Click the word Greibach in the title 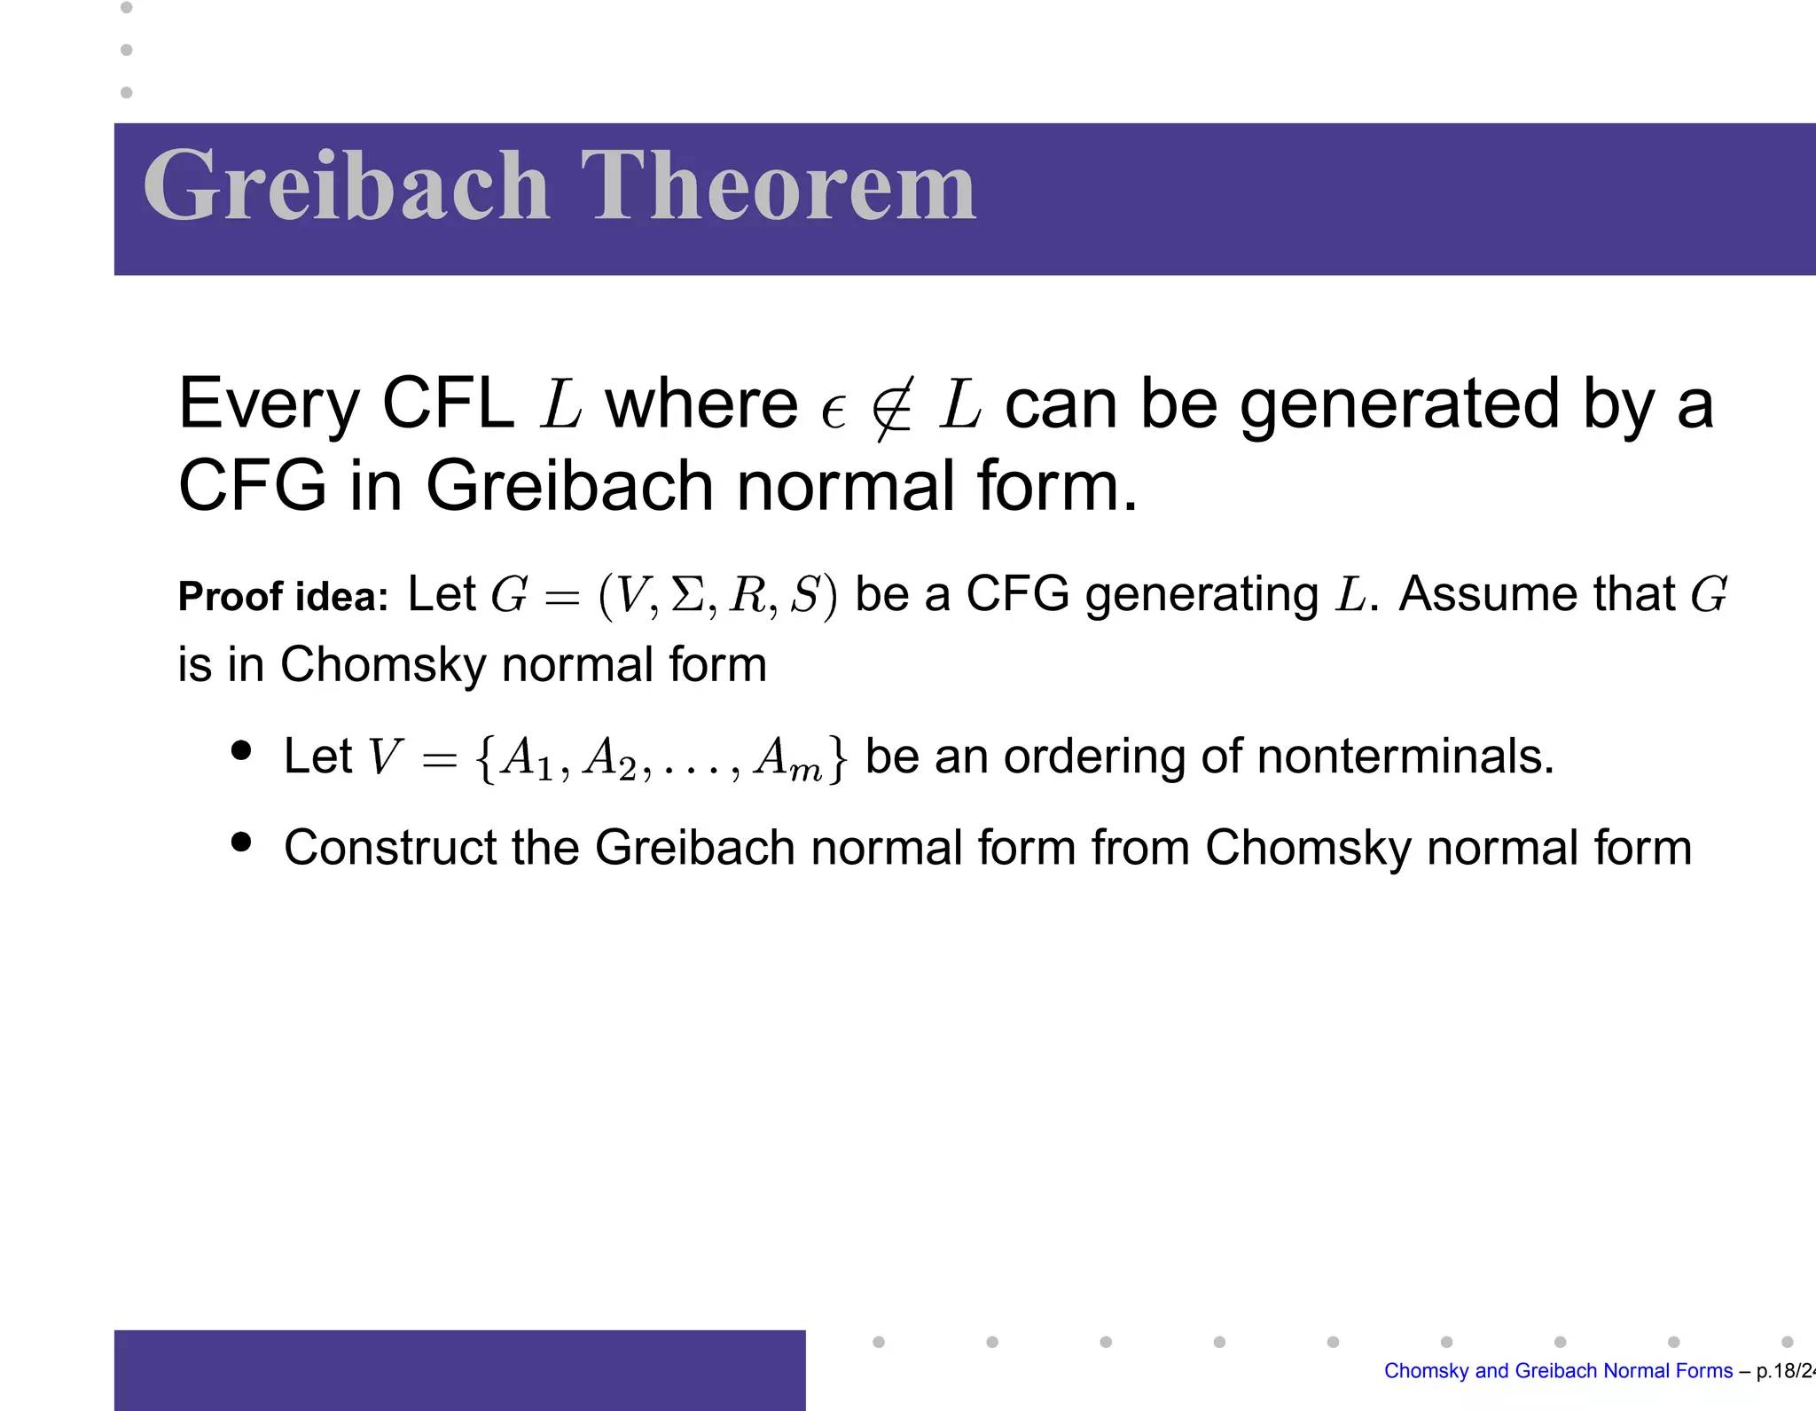click(346, 186)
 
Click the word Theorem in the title click(778, 186)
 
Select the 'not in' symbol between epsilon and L click(891, 408)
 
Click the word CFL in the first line click(448, 404)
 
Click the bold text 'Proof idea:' click(283, 596)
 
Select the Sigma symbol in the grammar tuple click(687, 594)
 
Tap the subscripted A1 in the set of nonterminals click(527, 759)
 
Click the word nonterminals click(1405, 756)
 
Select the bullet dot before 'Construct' click(241, 841)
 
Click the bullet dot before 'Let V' click(241, 751)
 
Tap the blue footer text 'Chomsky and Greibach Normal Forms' click(1558, 1371)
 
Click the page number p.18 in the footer click(1775, 1371)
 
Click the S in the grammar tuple click(805, 594)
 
